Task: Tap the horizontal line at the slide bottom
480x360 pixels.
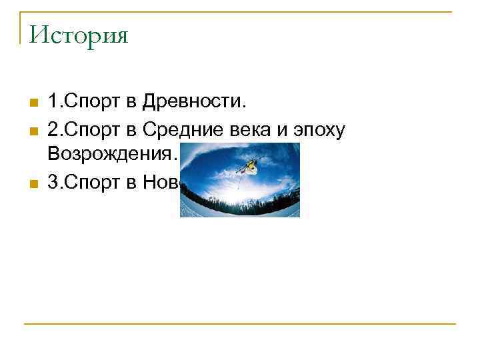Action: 240,324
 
